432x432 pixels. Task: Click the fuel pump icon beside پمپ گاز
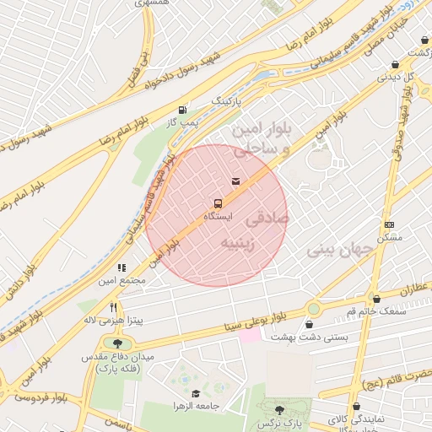182,110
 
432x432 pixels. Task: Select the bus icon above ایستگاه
219,203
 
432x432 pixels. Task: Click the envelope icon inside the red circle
235,181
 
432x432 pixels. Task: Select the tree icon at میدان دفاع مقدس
116,343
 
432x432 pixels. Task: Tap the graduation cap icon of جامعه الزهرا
196,393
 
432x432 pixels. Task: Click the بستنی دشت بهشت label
310,337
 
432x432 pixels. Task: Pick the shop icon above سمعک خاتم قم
375,299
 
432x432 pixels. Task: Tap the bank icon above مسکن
388,224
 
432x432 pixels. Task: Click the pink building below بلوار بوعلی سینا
249,336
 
